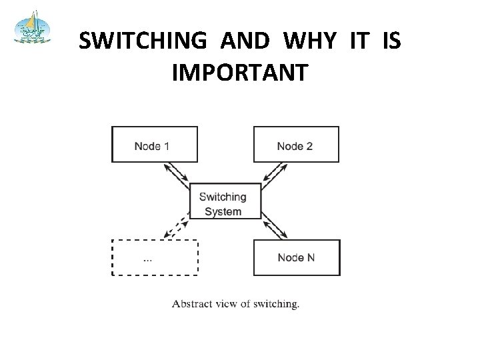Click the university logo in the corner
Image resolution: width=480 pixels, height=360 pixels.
pos(32,27)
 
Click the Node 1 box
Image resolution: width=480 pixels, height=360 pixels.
pos(155,144)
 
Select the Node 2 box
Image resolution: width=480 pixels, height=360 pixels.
pos(296,144)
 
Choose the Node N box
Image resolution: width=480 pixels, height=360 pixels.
pos(296,257)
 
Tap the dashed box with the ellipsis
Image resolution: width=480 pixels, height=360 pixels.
pos(155,257)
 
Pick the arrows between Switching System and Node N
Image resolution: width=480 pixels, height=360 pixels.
pos(275,225)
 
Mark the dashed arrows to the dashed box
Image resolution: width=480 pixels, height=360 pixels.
pos(176,227)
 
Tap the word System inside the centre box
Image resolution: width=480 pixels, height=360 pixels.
pos(223,212)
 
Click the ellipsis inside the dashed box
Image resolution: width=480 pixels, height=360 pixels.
pos(147,258)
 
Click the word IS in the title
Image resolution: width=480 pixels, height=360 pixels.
pos(392,42)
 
